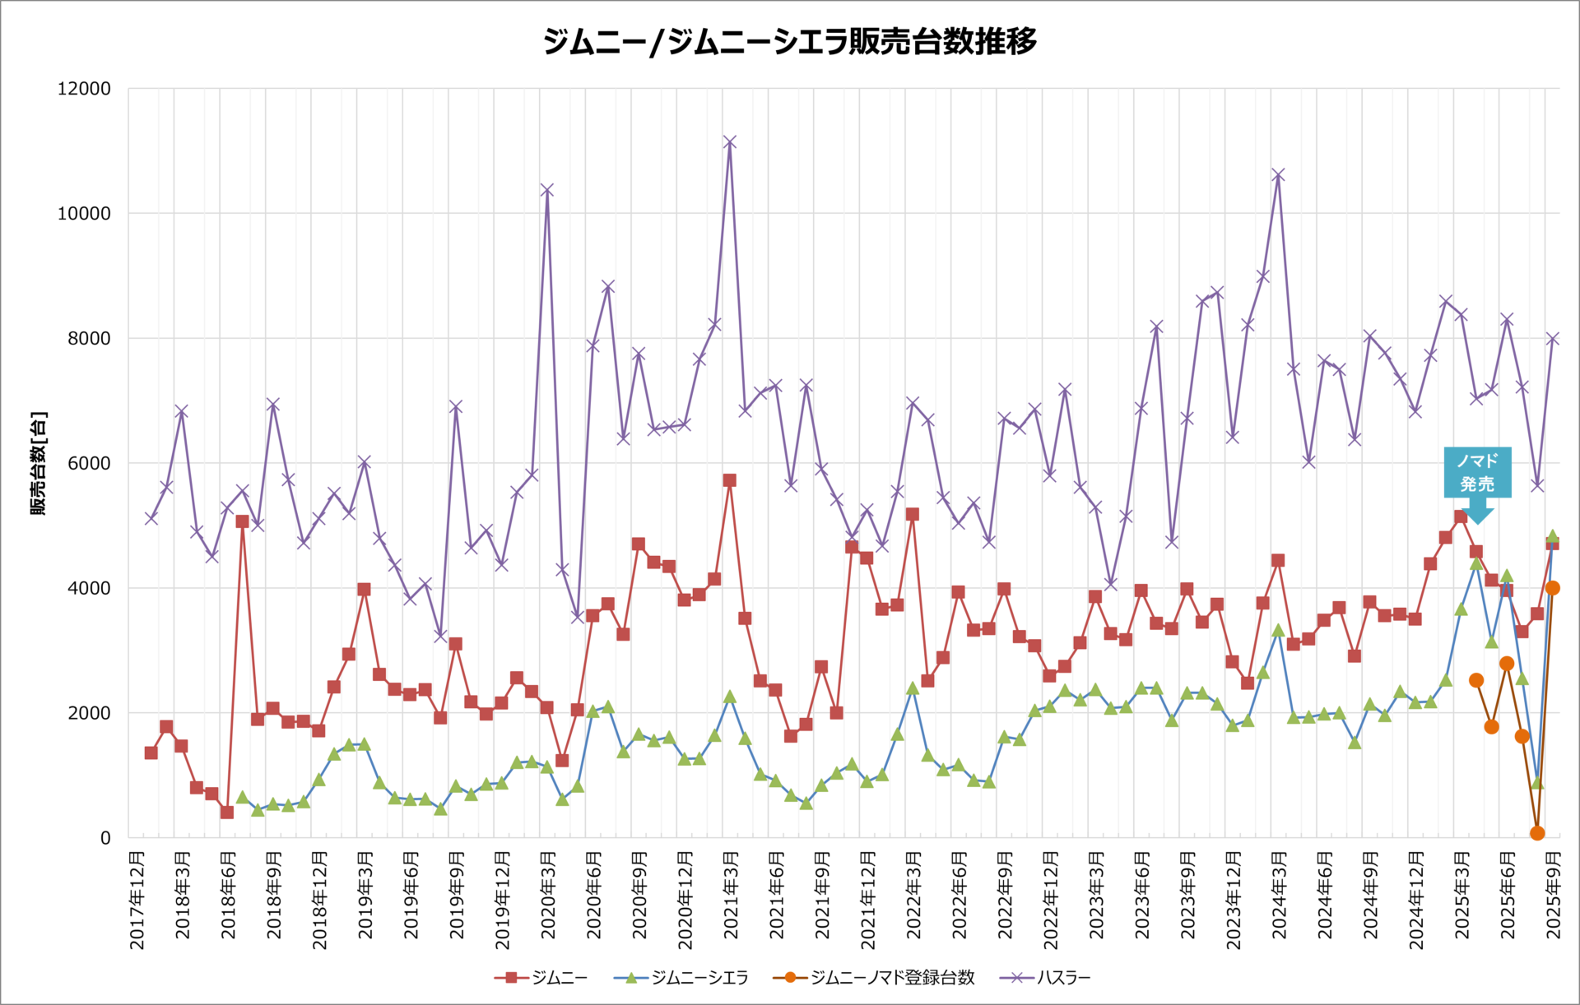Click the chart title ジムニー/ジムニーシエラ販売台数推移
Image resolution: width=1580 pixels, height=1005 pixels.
(789, 41)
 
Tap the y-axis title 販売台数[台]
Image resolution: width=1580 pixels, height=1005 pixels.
(39, 463)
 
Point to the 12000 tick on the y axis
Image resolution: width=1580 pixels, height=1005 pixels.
(84, 89)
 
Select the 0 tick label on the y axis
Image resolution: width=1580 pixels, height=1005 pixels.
(105, 838)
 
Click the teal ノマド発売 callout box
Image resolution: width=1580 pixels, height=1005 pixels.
(1477, 473)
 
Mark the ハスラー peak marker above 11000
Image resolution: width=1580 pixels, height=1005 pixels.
(729, 142)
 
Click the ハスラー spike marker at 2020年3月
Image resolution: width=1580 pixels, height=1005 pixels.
(546, 190)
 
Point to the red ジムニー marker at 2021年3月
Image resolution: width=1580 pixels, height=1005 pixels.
(729, 480)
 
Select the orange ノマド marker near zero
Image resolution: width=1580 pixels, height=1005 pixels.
(1537, 833)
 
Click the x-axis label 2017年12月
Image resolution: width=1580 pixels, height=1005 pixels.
(137, 901)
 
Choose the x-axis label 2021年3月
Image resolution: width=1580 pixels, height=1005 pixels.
(731, 896)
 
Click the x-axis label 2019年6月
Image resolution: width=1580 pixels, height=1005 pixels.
(411, 896)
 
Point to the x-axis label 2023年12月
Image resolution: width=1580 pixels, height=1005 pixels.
(1233, 901)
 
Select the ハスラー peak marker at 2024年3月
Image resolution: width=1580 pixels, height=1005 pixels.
(1278, 175)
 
